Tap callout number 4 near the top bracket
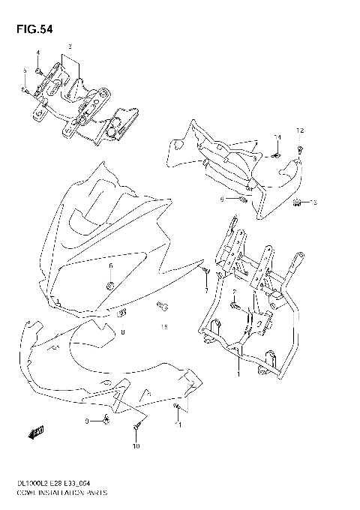click(37, 52)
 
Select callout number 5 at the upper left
click(24, 70)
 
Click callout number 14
click(277, 136)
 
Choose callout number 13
click(314, 202)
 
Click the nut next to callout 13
click(297, 201)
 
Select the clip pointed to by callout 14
click(276, 155)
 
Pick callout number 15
click(164, 327)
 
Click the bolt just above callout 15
click(160, 305)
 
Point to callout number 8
click(122, 331)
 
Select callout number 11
click(178, 425)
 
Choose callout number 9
click(87, 421)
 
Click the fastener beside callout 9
click(106, 418)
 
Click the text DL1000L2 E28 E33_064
click(49, 485)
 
